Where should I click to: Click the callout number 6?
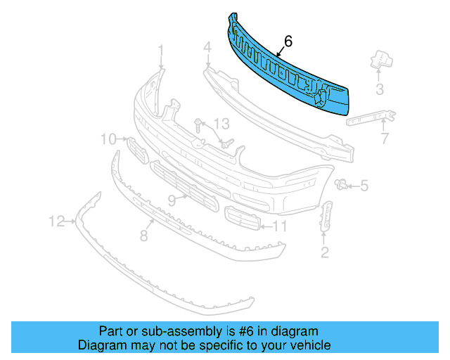click(289, 41)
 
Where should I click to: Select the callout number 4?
click(207, 48)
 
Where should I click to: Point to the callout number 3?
click(379, 89)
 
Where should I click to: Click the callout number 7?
click(385, 139)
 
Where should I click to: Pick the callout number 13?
click(221, 124)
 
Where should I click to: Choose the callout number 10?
click(108, 139)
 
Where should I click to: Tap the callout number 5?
click(364, 186)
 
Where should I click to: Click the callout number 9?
click(172, 200)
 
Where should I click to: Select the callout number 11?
click(280, 226)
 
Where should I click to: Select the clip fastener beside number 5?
click(342, 185)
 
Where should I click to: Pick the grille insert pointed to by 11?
click(240, 219)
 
